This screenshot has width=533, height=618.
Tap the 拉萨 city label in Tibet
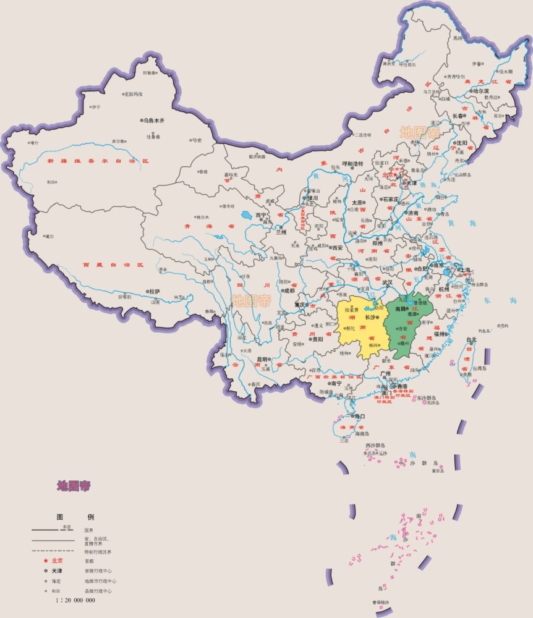(154, 291)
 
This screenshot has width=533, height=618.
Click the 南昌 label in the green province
(400, 308)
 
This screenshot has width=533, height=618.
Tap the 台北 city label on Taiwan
(472, 339)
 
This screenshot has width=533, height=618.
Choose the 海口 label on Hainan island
(358, 417)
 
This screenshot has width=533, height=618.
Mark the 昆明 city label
(262, 359)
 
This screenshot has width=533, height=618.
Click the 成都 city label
(289, 290)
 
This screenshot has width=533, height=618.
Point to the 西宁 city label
(260, 215)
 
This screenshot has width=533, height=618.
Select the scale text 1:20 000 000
(75, 600)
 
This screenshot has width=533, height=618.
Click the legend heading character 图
(61, 517)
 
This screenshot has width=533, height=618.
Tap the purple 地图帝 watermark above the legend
(74, 486)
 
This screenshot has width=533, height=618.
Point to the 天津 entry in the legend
(57, 570)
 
